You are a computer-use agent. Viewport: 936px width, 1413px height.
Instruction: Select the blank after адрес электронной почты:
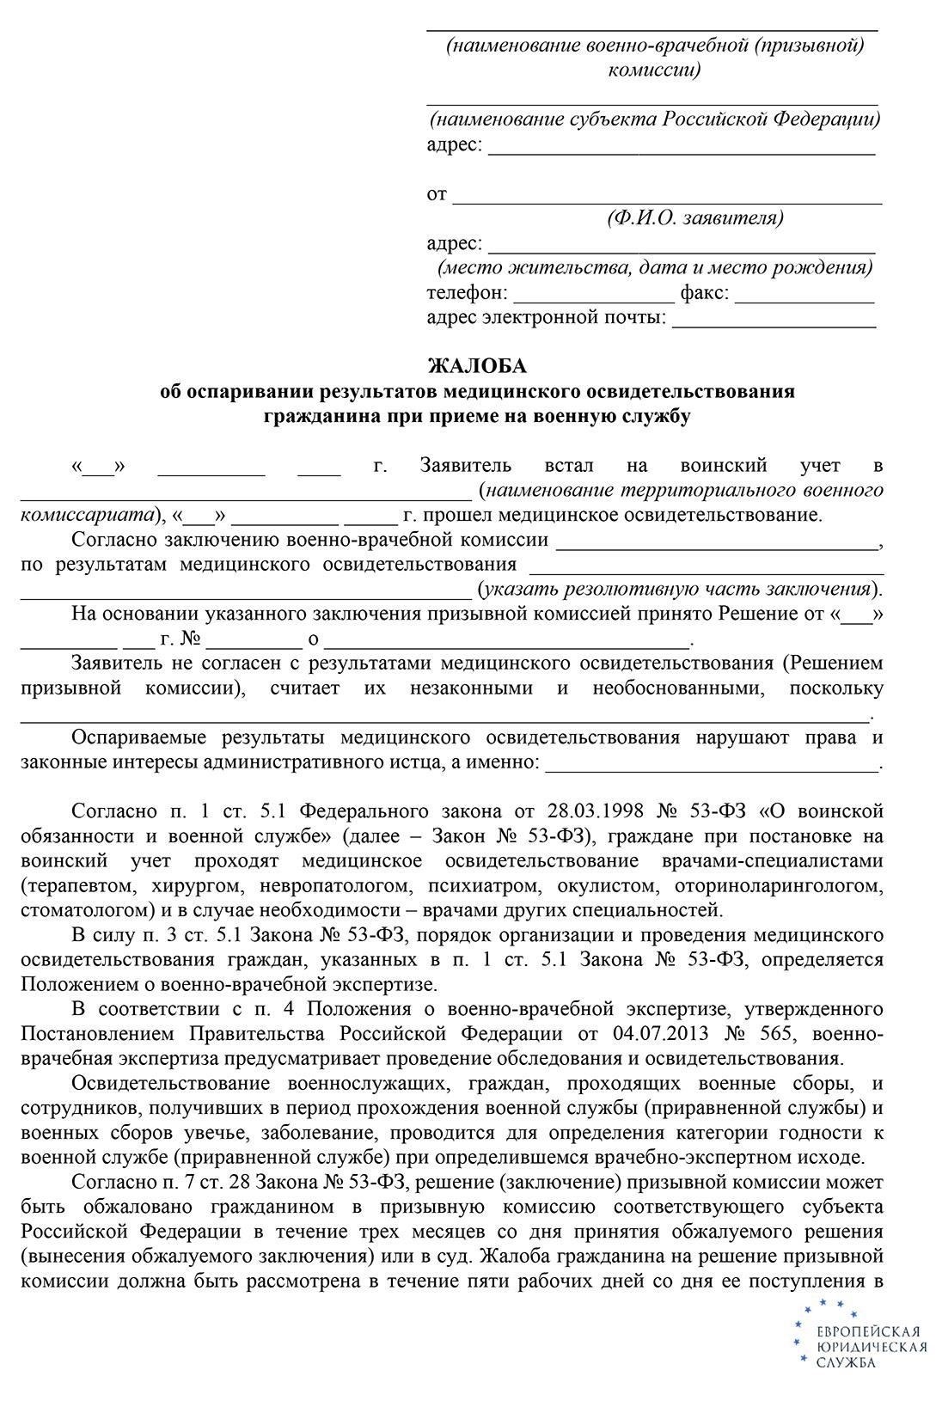[x=774, y=327]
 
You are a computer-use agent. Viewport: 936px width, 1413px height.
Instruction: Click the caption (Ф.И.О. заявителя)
[x=695, y=218]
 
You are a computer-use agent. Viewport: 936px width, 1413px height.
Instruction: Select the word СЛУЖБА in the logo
[x=846, y=1363]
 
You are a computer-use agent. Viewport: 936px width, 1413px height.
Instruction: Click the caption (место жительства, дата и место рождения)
[x=655, y=267]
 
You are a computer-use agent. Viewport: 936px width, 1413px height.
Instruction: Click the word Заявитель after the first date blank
[x=466, y=466]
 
